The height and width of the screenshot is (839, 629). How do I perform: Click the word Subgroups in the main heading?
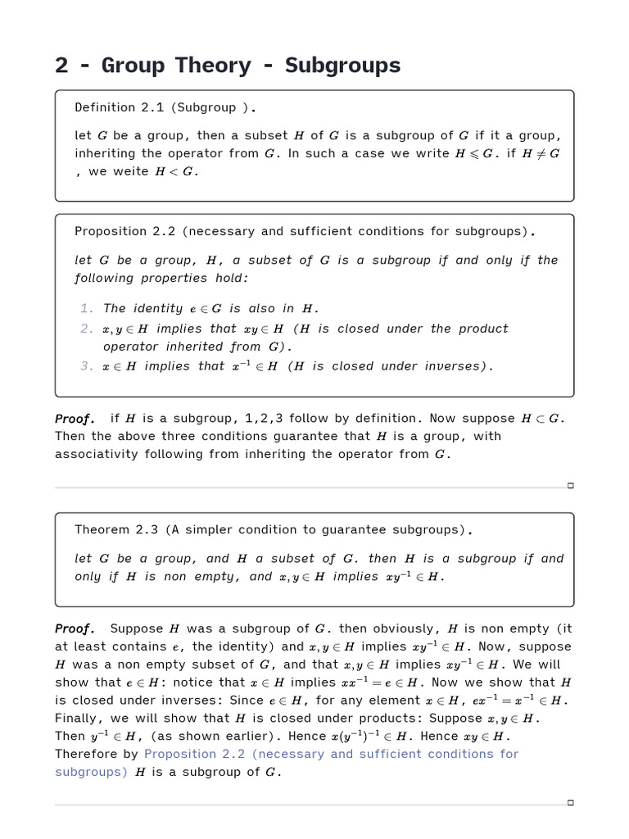point(342,66)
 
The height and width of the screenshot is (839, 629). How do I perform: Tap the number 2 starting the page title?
point(61,66)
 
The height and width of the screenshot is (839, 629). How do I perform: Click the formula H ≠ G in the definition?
point(541,153)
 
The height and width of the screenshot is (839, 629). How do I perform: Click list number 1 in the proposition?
point(86,309)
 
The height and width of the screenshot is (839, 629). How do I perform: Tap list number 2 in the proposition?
point(86,329)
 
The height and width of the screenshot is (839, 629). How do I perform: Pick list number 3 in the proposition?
point(86,366)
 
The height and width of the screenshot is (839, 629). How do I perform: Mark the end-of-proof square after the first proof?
point(571,486)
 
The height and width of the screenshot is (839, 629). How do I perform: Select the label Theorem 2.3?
point(116,530)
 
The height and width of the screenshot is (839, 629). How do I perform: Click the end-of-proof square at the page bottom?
point(571,803)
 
